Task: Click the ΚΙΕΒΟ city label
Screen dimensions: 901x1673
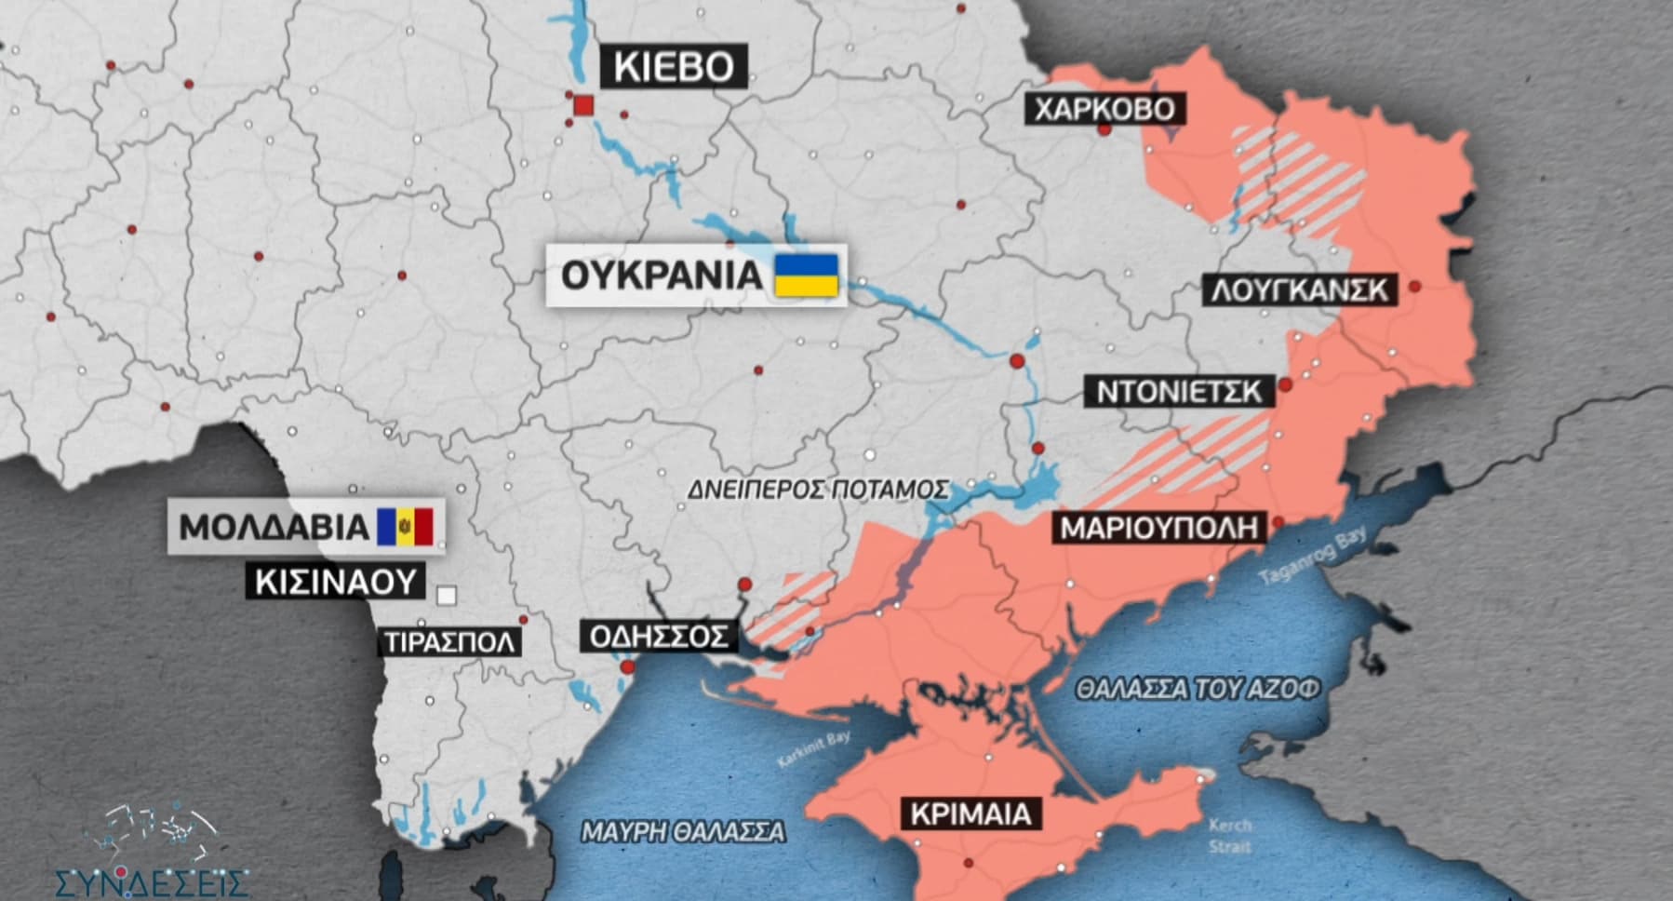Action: click(x=674, y=66)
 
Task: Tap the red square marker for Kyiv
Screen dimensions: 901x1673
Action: click(x=583, y=105)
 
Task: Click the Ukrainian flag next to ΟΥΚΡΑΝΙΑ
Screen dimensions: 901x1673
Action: click(x=807, y=276)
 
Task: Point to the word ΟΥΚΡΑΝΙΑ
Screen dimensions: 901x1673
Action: click(x=662, y=276)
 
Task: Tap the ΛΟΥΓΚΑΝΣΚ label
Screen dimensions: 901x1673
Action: click(x=1300, y=290)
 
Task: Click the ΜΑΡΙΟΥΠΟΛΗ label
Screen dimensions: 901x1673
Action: click(x=1158, y=529)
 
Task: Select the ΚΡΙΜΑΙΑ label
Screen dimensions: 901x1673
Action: click(x=970, y=814)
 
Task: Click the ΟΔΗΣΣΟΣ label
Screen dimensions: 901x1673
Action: click(x=659, y=637)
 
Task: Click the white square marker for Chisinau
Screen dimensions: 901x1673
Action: click(x=447, y=595)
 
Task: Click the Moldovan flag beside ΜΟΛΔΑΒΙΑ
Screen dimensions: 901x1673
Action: click(x=406, y=527)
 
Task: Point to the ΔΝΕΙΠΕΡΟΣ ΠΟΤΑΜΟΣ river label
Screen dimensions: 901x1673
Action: click(x=818, y=490)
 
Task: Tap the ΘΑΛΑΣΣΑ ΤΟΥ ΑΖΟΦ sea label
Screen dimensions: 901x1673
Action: click(x=1198, y=690)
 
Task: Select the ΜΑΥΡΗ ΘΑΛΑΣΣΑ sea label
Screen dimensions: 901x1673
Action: click(x=682, y=831)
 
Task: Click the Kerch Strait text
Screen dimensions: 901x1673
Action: click(x=1230, y=835)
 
